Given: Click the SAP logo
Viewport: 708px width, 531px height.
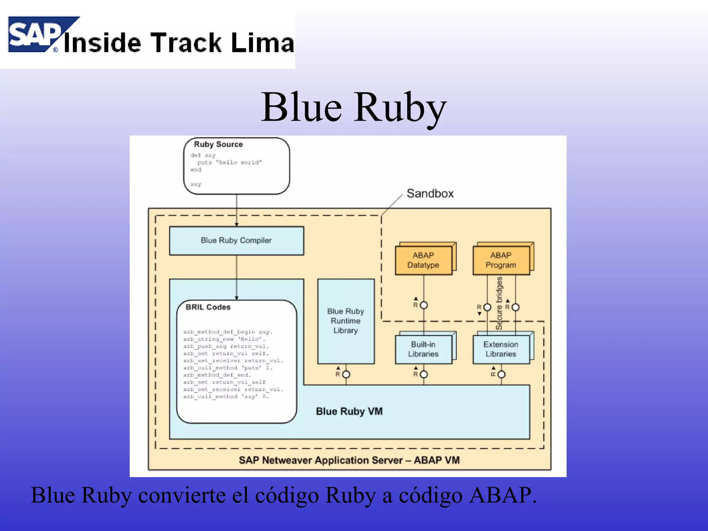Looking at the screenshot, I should tap(35, 35).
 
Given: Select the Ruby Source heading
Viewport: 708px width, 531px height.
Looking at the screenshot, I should tap(218, 144).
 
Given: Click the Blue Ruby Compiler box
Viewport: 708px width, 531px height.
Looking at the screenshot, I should tap(236, 241).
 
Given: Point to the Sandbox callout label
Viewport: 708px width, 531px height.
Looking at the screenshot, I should tap(430, 193).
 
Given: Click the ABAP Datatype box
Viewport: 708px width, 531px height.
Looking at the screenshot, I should tap(423, 260).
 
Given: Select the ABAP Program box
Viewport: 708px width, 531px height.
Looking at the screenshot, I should tap(501, 260).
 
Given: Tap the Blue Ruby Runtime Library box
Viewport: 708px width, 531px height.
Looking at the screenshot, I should tap(346, 321).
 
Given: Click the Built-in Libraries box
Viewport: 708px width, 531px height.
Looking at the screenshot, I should tap(423, 349).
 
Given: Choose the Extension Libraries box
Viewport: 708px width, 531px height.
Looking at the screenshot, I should tap(501, 349).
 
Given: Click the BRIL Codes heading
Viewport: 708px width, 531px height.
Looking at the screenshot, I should tap(208, 307).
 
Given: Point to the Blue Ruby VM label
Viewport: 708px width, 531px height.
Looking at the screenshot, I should tap(349, 411).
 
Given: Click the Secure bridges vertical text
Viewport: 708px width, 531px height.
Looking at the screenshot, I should tap(499, 303).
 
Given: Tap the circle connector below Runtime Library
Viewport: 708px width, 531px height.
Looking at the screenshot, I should tap(346, 374).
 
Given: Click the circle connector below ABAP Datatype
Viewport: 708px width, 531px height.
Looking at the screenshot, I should tap(424, 305).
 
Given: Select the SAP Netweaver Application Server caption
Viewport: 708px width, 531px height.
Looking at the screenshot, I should tap(349, 460).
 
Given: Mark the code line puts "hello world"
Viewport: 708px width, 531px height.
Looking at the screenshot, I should tap(230, 162).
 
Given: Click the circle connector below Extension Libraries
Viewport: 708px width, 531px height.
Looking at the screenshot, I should tap(502, 374).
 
